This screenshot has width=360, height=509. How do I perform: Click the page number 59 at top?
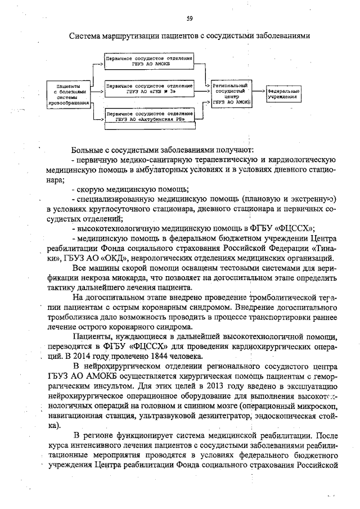(x=190, y=19)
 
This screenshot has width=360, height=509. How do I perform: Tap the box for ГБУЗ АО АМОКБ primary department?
(x=149, y=61)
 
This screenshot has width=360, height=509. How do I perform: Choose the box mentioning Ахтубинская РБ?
(x=149, y=116)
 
